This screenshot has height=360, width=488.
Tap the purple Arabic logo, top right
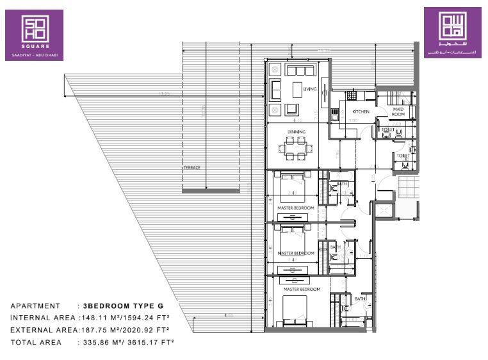coord(452,33)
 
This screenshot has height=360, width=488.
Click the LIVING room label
coord(310,89)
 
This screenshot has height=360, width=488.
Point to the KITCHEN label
coord(361,111)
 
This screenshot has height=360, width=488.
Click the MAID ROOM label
coord(398,111)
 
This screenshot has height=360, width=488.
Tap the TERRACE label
coord(191,168)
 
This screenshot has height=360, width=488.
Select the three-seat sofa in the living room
coord(300,70)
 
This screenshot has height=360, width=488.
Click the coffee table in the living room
coord(297,88)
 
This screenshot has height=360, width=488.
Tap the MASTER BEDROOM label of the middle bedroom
coord(296,253)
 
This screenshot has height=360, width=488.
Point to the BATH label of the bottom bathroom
coord(361,299)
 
